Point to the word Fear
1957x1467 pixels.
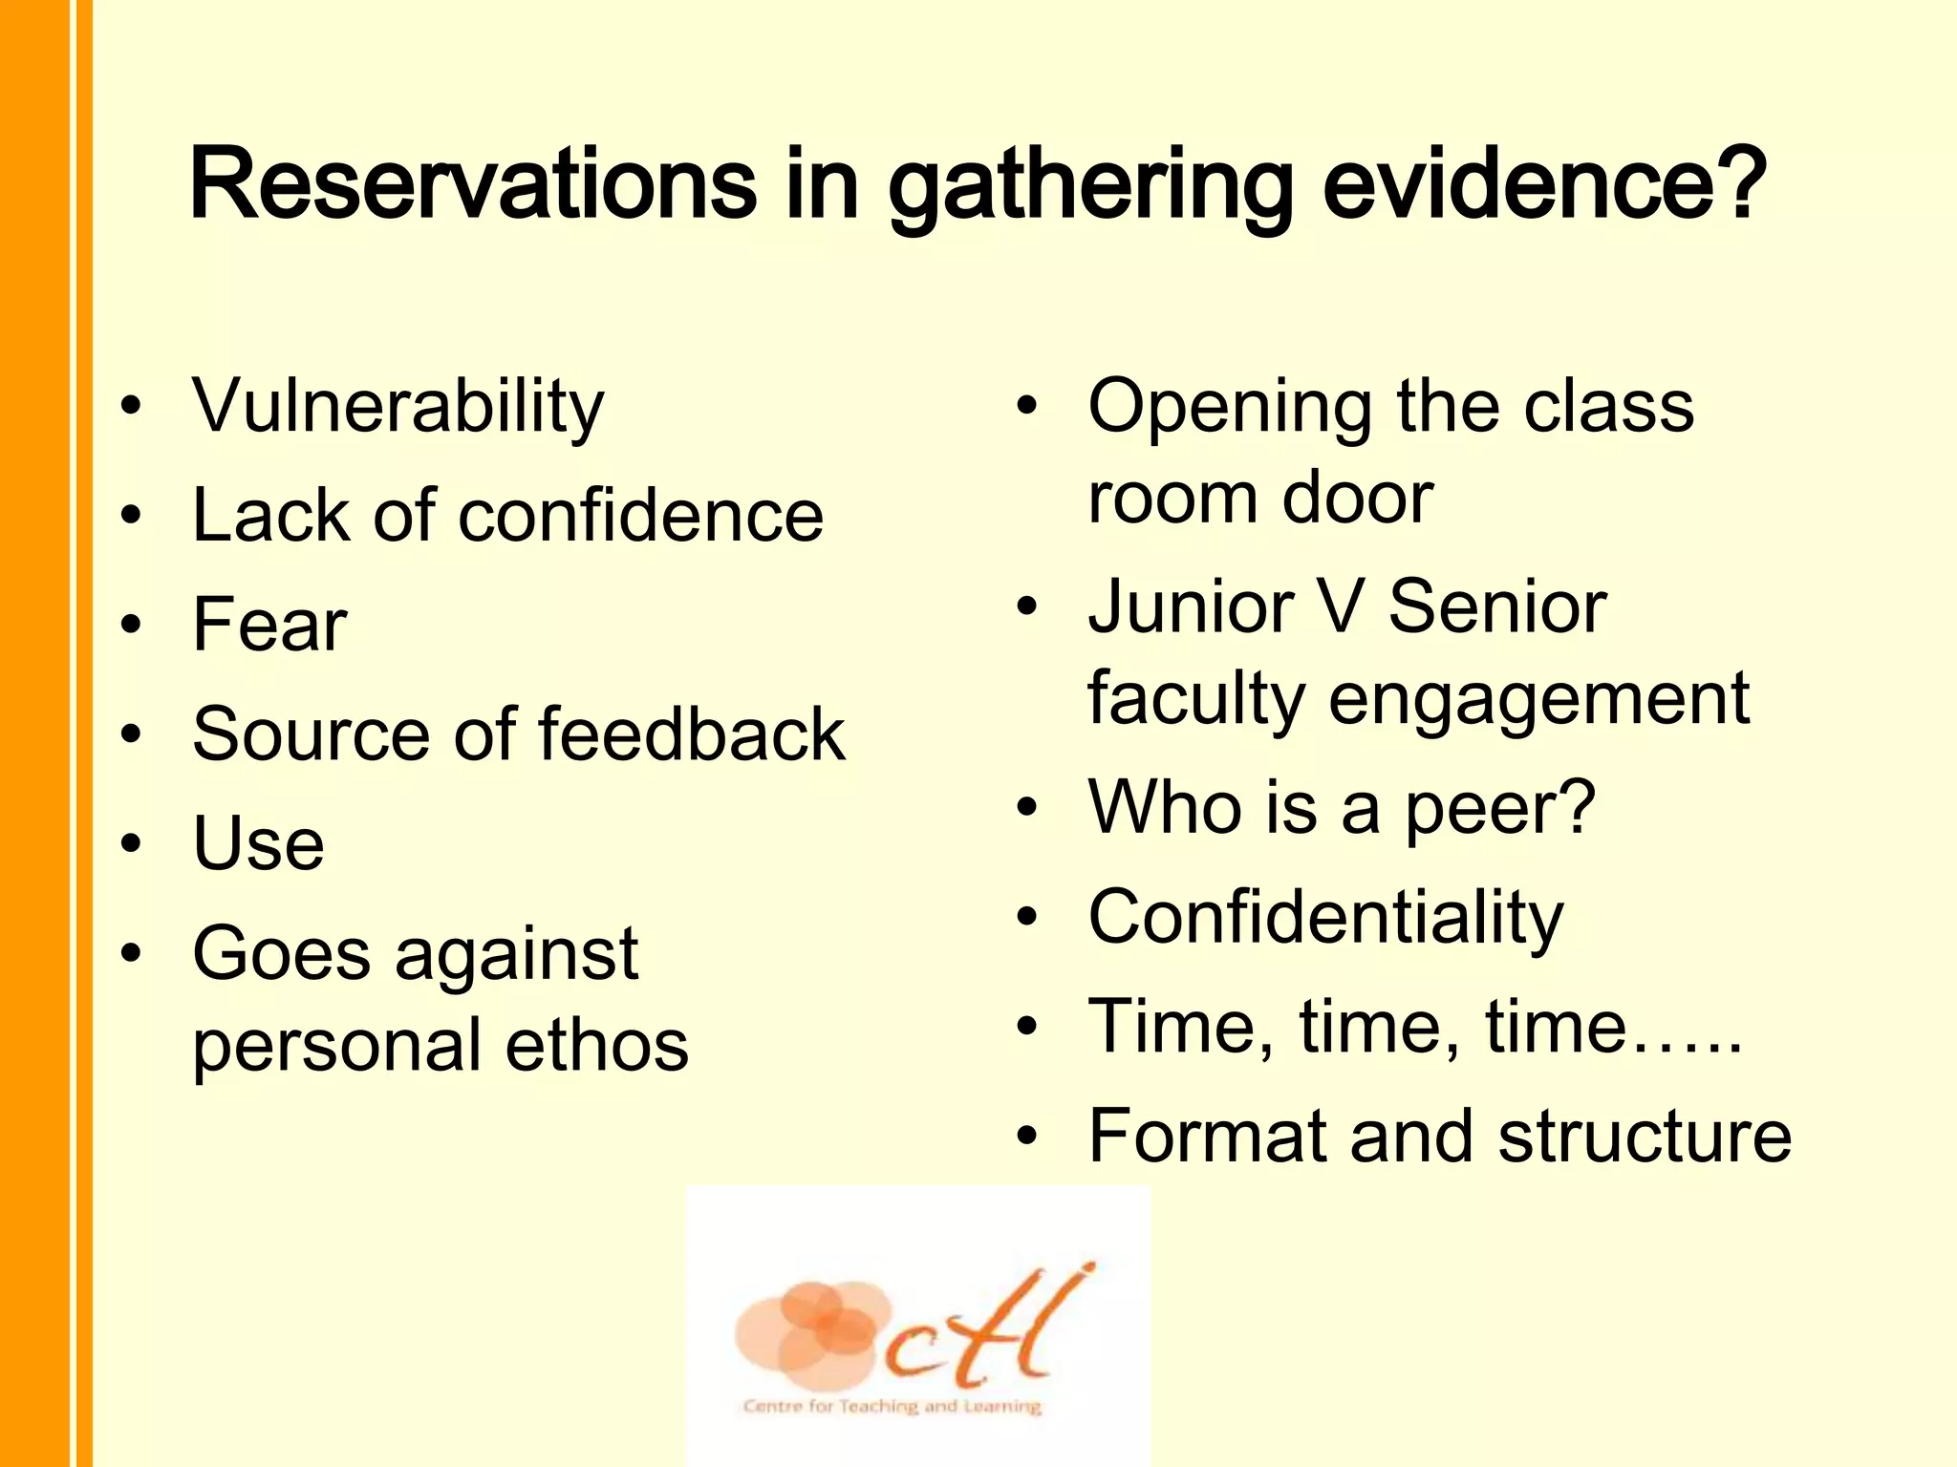coord(269,626)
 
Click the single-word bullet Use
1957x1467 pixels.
coord(258,844)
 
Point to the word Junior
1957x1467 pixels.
coord(1191,607)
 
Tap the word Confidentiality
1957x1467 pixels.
coord(1325,918)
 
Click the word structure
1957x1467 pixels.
coord(1645,1137)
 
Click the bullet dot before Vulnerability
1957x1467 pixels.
coord(132,406)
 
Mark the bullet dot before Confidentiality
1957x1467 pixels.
coord(1027,918)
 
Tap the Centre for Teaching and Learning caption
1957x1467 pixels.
coord(892,1407)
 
